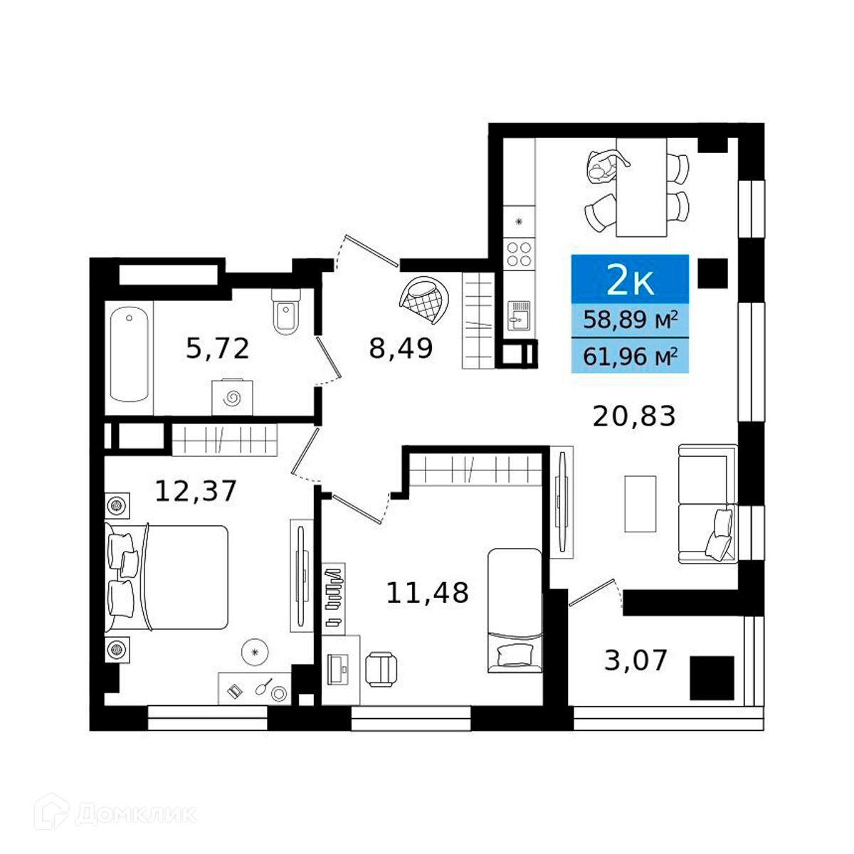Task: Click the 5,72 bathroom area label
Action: point(217,349)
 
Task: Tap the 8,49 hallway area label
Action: point(401,349)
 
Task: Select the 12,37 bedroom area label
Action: point(195,492)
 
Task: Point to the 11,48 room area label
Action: point(427,592)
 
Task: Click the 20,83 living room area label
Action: point(634,416)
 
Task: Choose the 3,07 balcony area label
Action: point(636,660)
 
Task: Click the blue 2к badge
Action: point(630,279)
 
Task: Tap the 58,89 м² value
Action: point(630,320)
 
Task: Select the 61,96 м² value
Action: point(630,357)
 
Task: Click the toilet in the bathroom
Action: point(286,311)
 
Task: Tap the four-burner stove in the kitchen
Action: point(520,253)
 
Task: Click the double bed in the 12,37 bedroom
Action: point(167,577)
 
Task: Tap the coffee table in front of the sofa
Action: point(640,504)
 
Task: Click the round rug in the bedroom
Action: point(255,651)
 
